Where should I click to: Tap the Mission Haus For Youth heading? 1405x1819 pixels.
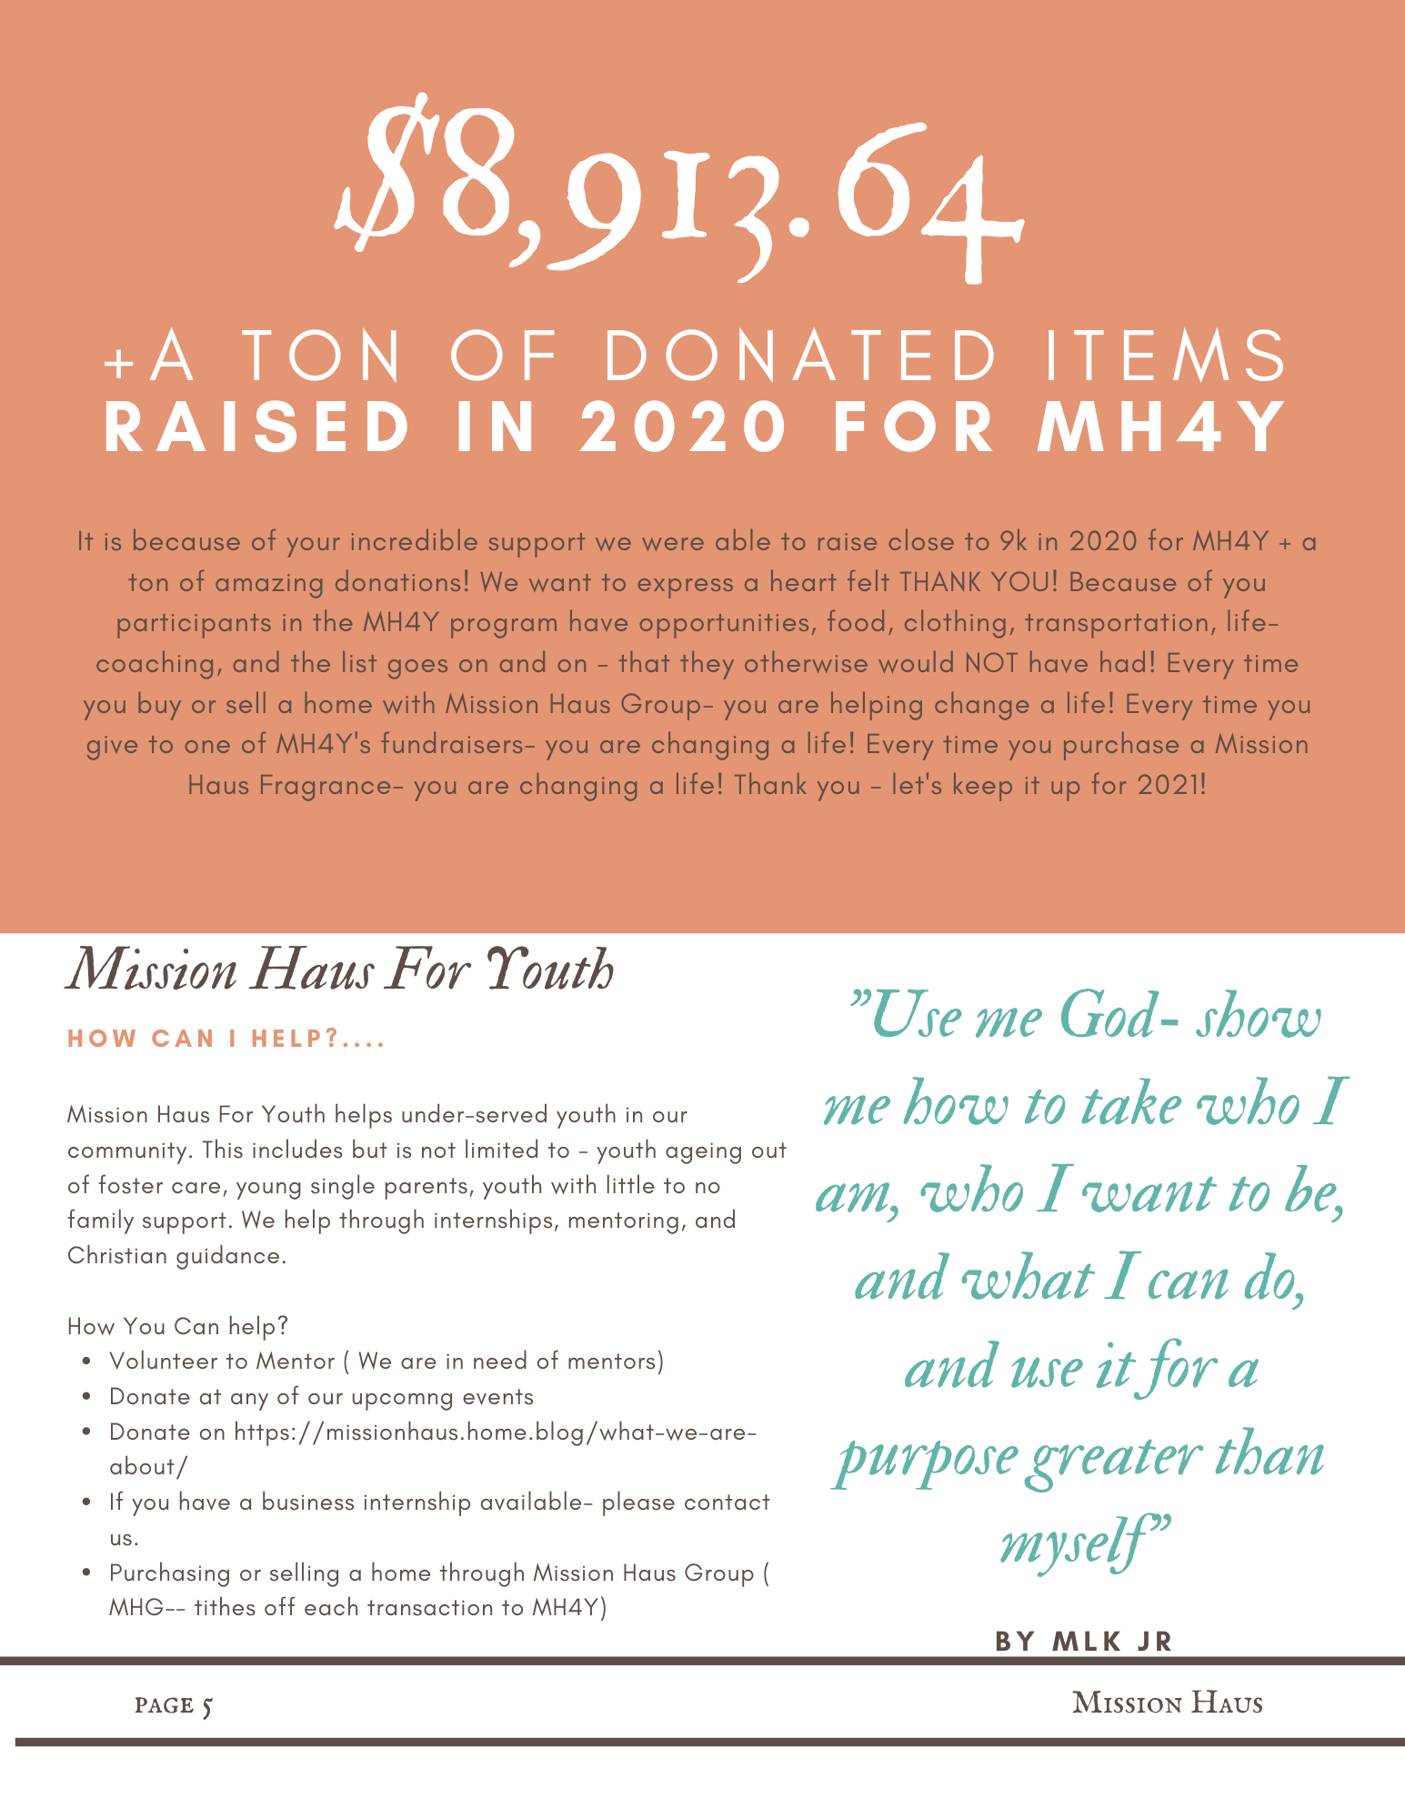[x=340, y=970]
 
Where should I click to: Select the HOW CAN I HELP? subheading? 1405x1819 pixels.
[x=226, y=1039]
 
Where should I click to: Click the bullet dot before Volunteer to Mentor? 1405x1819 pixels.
[x=85, y=1362]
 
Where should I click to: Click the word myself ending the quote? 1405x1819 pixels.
[x=1073, y=1541]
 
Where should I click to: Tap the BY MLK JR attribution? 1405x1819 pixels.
[x=1084, y=1642]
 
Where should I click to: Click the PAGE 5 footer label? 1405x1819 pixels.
[x=174, y=1704]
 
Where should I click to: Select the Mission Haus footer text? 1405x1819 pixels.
[x=1167, y=1703]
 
